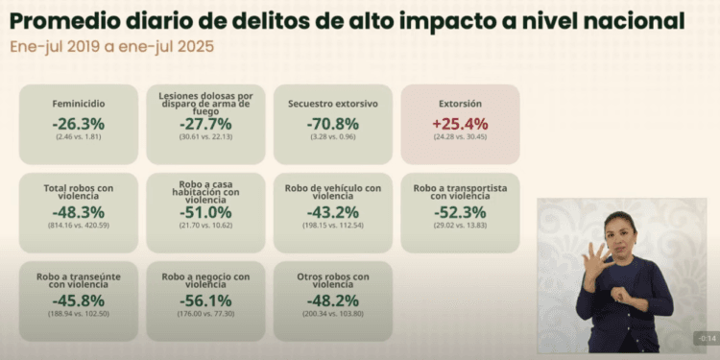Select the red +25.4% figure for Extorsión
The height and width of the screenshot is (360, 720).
pos(460,123)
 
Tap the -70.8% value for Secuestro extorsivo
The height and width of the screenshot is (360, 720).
pos(333,123)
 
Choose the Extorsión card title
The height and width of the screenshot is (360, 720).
pos(460,103)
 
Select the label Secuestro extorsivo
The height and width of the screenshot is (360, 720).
pos(333,103)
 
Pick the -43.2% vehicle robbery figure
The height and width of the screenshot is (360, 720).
pos(333,211)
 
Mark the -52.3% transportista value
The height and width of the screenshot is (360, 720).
pos(460,211)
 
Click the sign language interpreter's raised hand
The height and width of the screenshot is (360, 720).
pos(596,256)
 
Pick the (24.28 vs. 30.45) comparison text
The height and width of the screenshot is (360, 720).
pos(460,137)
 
